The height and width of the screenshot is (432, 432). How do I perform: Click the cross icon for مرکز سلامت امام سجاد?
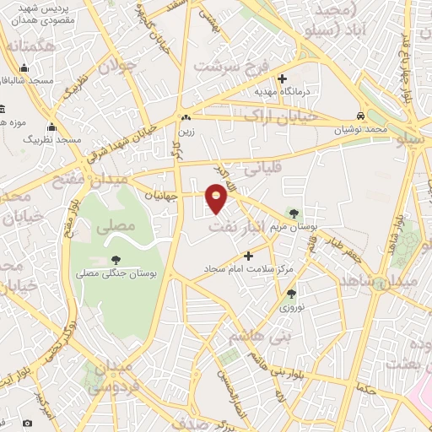pos(248,255)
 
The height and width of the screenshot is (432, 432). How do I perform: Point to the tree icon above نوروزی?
pos(291,294)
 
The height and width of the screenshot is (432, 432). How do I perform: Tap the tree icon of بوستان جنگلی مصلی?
pos(116,260)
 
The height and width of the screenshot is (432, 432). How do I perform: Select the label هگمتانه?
pos(24,47)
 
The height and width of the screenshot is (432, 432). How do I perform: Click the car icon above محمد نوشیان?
pos(360,116)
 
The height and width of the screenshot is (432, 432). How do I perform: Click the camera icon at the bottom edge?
pos(27,421)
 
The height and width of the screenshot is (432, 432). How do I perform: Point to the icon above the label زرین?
pos(185,118)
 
